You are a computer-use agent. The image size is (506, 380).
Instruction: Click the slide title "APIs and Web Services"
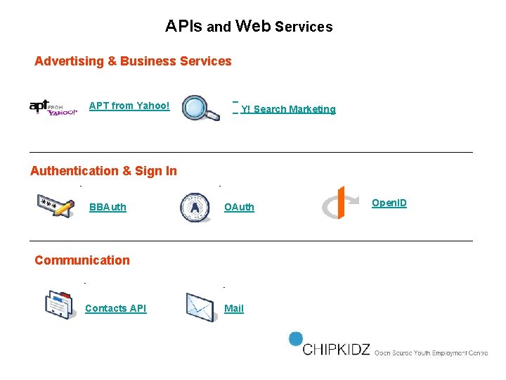point(249,27)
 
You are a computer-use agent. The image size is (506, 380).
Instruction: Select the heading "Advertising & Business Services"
point(133,61)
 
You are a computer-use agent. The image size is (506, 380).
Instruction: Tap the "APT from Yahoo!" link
point(129,106)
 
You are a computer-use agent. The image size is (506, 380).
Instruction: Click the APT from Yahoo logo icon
point(53,107)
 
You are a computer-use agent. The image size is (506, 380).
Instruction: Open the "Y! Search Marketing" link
point(288,109)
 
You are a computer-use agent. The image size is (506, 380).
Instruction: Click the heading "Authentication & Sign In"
point(103,171)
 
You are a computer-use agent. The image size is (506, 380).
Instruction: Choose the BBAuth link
point(108,207)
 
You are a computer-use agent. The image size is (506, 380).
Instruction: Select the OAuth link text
point(239,207)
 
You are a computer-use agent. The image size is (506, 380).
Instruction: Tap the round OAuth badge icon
point(195,208)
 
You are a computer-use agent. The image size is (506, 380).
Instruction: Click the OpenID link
point(389,203)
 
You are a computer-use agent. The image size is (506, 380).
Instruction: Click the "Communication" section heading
point(82,260)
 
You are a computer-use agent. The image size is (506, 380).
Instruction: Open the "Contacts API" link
point(115,308)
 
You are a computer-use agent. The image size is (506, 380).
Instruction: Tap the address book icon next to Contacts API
point(58,305)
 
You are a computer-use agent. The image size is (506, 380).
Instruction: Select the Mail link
point(234,308)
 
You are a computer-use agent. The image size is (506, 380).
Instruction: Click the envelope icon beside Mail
point(200,307)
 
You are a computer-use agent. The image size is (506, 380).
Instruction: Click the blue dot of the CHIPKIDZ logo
point(296,338)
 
